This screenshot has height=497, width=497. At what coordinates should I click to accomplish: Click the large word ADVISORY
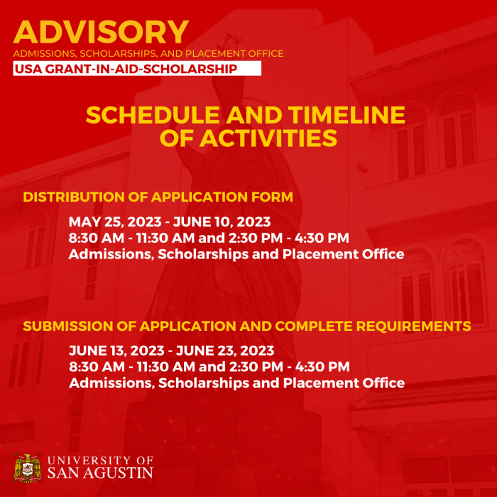tap(101, 33)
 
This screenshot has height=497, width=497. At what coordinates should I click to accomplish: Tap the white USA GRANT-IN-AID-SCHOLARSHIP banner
tap(137, 68)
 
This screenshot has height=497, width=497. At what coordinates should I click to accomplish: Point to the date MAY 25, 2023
tap(110, 222)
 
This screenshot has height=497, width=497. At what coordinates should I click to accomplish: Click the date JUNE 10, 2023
tap(229, 222)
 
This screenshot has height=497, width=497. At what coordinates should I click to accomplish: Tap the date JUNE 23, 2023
tap(234, 351)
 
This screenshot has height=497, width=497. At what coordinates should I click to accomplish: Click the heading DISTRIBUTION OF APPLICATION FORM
tap(158, 197)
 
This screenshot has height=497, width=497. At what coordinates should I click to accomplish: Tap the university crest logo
tap(28, 467)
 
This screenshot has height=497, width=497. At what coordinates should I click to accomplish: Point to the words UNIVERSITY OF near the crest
tap(100, 460)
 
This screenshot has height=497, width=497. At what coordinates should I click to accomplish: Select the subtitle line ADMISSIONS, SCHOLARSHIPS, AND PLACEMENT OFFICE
tap(148, 53)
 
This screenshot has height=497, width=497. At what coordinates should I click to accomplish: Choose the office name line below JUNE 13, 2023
tap(236, 383)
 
